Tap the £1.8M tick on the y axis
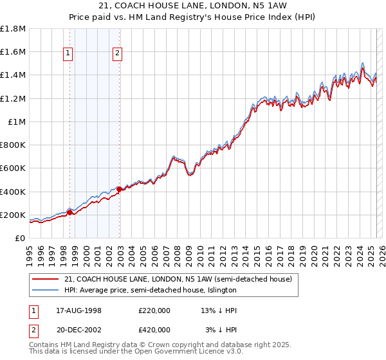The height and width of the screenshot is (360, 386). pos(14,29)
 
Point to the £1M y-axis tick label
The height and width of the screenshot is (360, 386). pos(17,122)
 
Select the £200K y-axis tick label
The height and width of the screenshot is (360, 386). pos(14,215)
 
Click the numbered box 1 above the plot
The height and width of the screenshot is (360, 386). pos(68,54)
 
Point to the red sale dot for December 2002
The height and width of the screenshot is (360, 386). pos(119,189)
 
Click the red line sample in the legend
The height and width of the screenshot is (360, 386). pos(46,279)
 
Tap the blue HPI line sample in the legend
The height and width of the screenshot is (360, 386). pos(46,290)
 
